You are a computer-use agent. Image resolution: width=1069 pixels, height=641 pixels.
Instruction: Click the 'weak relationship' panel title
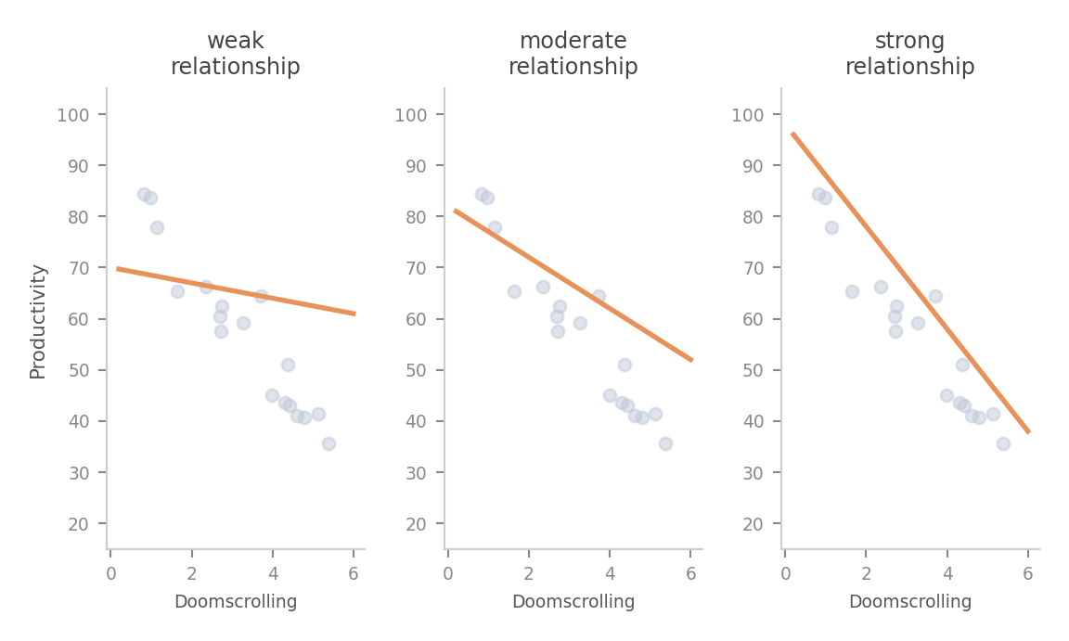coord(235,54)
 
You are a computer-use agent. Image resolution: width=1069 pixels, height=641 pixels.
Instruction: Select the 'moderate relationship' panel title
coord(573,54)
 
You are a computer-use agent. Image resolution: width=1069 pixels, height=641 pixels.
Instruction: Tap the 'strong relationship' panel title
coord(910,54)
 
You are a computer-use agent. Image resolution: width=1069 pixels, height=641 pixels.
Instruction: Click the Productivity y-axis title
coord(38,322)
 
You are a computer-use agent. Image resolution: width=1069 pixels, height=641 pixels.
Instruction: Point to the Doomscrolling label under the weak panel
coord(236,602)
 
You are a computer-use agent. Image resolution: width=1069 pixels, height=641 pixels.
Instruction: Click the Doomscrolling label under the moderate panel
coord(573,602)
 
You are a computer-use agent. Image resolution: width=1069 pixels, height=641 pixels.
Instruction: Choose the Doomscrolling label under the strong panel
coord(910,602)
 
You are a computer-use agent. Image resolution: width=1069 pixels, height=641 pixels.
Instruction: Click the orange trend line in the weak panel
coord(236,291)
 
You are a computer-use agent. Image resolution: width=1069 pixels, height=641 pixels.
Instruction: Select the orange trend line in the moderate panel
coord(573,286)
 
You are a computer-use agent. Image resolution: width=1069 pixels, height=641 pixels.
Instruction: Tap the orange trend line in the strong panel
coord(910,283)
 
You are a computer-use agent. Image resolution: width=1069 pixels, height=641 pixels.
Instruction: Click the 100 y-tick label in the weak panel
coord(73,115)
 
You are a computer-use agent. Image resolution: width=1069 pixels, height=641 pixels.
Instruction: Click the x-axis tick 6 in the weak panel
coord(354,573)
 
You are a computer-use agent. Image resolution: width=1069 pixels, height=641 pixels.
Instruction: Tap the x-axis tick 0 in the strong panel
coord(785,573)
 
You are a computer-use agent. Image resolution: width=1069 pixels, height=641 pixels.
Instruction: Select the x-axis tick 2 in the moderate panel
coord(529,573)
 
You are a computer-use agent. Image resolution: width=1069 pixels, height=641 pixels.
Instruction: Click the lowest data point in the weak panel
coord(328,444)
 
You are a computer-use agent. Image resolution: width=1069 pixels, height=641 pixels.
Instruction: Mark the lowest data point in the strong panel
coord(1003,444)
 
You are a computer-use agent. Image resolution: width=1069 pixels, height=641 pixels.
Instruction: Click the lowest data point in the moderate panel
coord(665,444)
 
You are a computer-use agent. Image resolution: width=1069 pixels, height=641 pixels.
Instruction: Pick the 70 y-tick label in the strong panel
coord(753,268)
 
